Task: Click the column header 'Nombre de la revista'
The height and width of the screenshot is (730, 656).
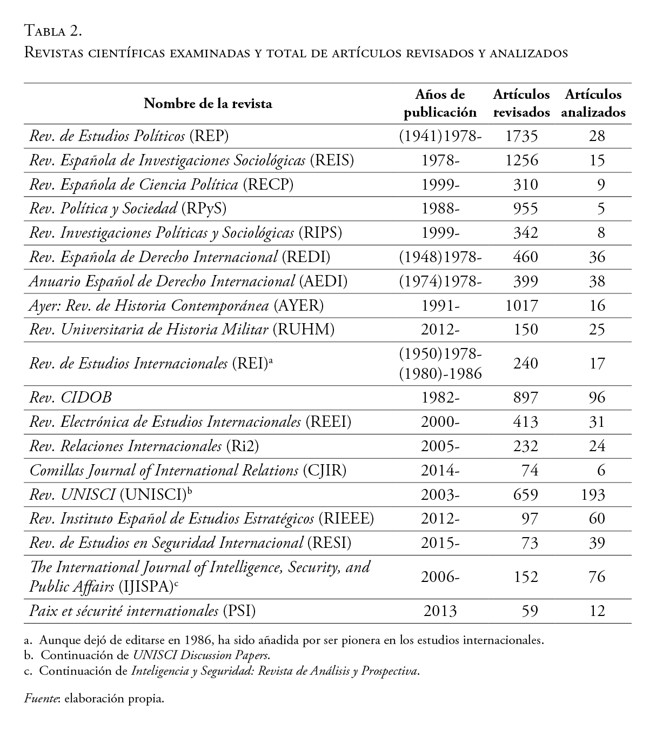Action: point(207,103)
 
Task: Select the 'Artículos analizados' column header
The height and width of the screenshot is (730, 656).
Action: point(593,103)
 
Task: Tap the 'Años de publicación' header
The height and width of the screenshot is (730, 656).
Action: point(440,103)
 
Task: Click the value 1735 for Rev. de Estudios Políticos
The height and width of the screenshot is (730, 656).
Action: point(521,136)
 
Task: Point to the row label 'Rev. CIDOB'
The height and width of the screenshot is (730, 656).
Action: point(70,397)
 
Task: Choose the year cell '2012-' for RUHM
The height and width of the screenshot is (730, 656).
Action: point(440,330)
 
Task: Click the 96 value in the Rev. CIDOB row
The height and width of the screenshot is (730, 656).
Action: point(597,397)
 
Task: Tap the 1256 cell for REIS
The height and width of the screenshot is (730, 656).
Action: point(521,160)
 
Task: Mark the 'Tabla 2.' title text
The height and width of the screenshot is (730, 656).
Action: point(53,31)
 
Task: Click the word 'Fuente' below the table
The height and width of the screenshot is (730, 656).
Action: point(42,699)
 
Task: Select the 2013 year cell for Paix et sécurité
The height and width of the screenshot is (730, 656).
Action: point(440,611)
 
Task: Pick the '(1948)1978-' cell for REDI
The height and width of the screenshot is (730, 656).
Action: point(440,257)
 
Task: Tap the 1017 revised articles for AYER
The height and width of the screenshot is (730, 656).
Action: point(521,305)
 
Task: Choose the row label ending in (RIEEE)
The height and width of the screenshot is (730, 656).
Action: point(202,519)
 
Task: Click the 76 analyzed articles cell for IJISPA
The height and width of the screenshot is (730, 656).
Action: point(597,577)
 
